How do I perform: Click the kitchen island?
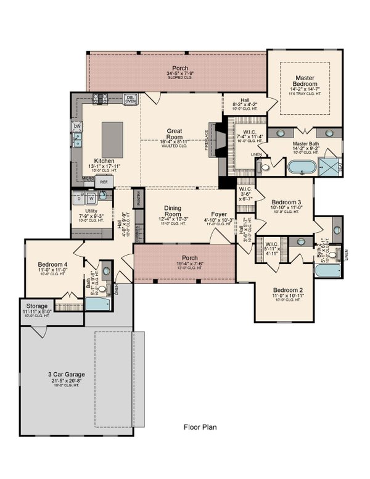point(112,140)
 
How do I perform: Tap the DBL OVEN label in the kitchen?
point(131,99)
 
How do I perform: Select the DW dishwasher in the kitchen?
point(77,127)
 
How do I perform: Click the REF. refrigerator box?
point(104,182)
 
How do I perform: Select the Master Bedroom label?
point(305,81)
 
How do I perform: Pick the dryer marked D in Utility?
point(79,198)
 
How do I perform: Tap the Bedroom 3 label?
point(287,202)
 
